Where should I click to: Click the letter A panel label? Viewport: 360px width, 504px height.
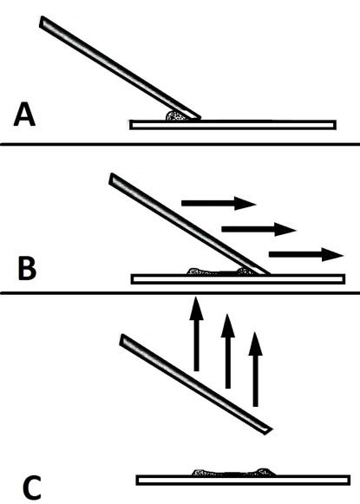(24, 115)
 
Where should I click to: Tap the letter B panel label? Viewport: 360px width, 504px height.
(27, 269)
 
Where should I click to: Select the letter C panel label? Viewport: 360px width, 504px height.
(31, 488)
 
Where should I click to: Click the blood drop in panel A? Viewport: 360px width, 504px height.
(177, 115)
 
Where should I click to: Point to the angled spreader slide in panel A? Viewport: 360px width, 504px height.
(120, 68)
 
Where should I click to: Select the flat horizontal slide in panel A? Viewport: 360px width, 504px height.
(233, 125)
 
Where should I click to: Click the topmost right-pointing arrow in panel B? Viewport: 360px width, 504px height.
(219, 203)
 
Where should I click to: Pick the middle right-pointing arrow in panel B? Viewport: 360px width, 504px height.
(259, 229)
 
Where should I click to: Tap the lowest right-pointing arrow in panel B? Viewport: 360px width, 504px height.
(306, 254)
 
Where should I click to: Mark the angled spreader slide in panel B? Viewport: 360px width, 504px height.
(189, 224)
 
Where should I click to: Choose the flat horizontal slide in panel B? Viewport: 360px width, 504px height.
(238, 279)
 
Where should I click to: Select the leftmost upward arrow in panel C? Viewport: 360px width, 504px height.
(196, 334)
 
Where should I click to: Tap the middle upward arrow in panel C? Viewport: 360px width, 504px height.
(228, 351)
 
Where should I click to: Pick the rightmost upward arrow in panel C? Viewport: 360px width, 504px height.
(256, 370)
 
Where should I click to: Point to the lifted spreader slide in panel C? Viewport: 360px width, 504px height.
(196, 384)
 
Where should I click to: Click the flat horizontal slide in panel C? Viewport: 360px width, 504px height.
(243, 480)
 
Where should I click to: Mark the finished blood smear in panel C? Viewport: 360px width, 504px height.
(234, 472)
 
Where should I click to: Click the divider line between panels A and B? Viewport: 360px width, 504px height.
(180, 144)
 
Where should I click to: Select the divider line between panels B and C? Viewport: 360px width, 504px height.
(180, 293)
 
